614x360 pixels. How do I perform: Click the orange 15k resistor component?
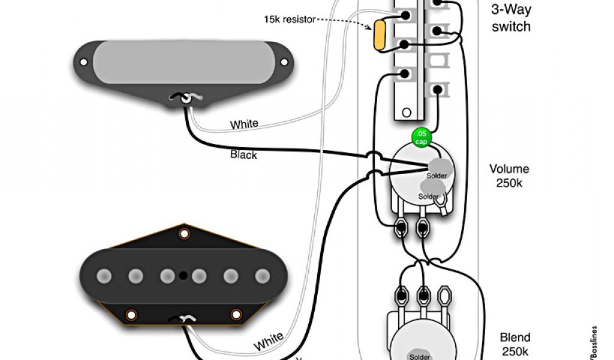coord(379,35)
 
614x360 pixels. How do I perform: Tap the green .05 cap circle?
coord(422,137)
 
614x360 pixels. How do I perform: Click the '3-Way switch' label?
coord(511,18)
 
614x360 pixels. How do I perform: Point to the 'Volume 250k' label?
coord(509,176)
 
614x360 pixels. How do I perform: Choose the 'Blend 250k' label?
coord(515,344)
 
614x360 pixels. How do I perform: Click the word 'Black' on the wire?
coord(243,155)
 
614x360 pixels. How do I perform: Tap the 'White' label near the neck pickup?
coord(244,124)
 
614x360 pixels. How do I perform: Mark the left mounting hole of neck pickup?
coord(84,62)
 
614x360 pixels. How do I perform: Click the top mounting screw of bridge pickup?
coord(184,232)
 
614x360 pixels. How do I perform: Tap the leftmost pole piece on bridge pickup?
coord(105,276)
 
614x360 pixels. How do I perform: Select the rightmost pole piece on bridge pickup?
coord(262,276)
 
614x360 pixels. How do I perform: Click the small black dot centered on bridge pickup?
coord(183,276)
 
